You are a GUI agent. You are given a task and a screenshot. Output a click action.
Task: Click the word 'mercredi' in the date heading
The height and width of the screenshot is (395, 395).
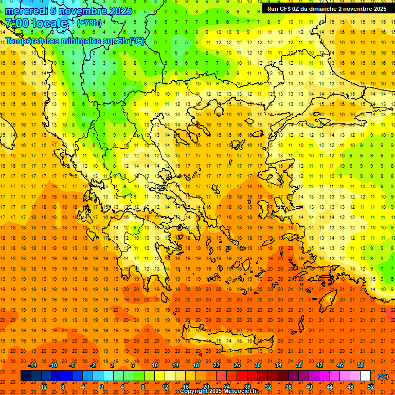click(x=26, y=11)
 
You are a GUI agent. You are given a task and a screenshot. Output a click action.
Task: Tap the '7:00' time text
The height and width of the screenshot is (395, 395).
click(x=17, y=24)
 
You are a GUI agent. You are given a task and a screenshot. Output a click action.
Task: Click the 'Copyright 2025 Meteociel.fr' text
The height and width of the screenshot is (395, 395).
click(x=218, y=391)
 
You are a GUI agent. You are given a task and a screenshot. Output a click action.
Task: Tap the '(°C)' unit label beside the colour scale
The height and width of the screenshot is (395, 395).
click(x=383, y=376)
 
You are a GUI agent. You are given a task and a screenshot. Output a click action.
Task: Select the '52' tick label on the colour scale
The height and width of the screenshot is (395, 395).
click(x=370, y=387)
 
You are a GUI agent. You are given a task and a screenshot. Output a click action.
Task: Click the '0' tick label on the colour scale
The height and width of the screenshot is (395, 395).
click(x=102, y=387)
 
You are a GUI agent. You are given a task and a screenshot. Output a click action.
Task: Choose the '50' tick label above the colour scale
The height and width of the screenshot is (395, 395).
click(x=360, y=365)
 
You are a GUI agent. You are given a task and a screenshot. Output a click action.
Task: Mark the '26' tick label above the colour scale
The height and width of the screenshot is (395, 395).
click(x=237, y=365)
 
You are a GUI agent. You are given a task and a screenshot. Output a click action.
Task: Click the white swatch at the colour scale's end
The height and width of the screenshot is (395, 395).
click(x=365, y=376)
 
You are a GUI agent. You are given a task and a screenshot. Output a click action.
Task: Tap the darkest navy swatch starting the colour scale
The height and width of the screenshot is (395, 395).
click(x=26, y=376)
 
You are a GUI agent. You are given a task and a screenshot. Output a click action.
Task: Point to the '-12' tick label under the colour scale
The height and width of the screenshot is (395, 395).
click(x=43, y=387)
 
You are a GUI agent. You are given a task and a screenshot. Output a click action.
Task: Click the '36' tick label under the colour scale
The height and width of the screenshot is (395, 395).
click(x=288, y=387)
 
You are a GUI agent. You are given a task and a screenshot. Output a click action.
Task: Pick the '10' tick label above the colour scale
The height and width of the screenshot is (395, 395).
click(x=155, y=365)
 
